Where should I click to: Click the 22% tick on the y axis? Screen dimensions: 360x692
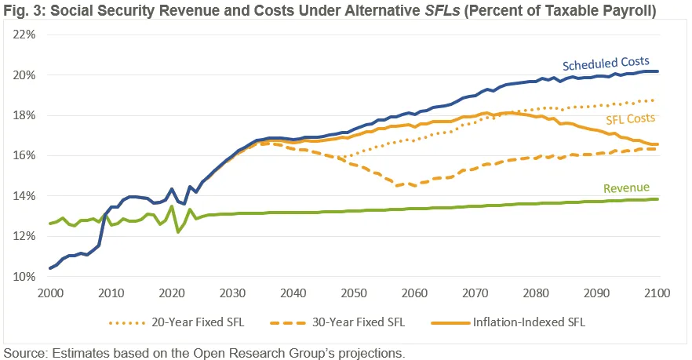[x=24, y=35]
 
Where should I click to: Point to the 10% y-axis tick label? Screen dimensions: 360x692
[x=24, y=277]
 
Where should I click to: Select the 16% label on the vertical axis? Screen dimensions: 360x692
[x=24, y=155]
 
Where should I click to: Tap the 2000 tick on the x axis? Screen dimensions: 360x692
[x=50, y=293]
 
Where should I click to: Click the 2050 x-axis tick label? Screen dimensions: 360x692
[x=355, y=293]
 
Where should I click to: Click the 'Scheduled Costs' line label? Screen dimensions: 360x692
[x=606, y=62]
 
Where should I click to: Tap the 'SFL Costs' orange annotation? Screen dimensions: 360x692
[x=630, y=118]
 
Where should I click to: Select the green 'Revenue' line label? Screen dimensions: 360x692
[x=627, y=188]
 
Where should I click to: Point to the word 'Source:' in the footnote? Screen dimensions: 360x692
[x=25, y=352]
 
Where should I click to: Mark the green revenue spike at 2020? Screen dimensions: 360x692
[x=172, y=206]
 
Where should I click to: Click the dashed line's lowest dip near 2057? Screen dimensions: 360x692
[x=398, y=186]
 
